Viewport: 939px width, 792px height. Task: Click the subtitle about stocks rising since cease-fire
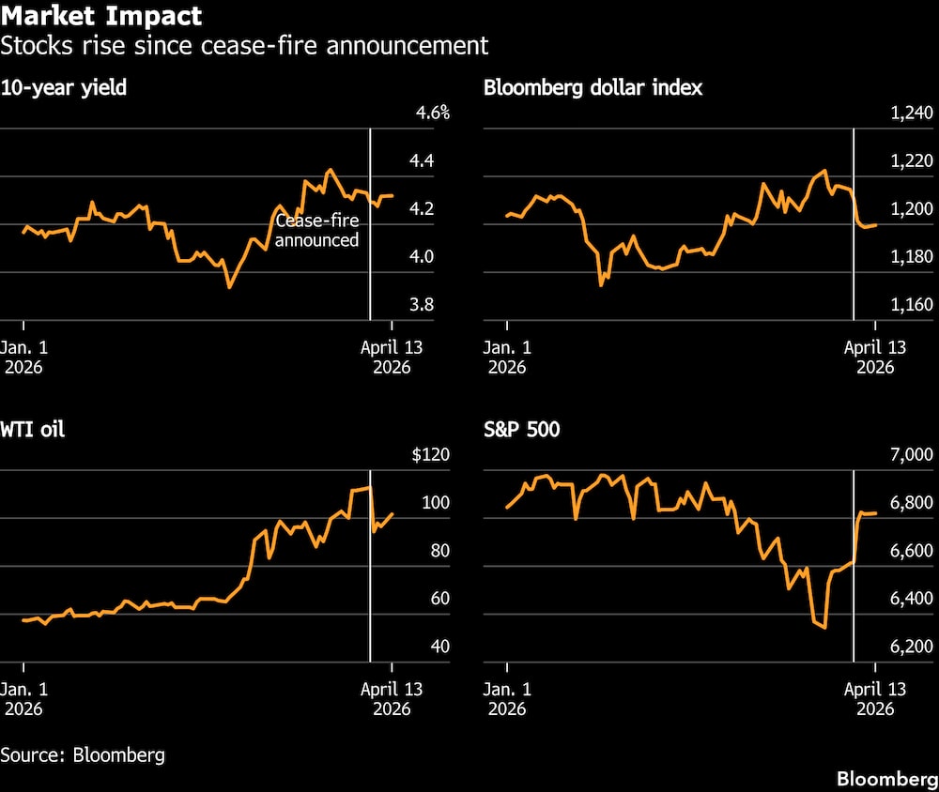coord(244,45)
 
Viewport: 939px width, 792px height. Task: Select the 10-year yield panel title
coord(65,89)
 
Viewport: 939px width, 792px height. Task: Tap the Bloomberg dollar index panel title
coord(593,89)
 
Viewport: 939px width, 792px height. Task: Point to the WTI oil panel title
coord(33,431)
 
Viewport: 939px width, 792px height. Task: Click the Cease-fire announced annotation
coord(316,231)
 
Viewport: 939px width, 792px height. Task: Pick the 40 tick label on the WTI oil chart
coord(413,647)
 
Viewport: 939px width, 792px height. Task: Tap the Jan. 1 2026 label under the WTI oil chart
coord(26,699)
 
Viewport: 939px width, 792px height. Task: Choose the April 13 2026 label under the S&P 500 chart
coord(875,699)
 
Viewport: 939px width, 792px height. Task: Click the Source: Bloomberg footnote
coord(83,754)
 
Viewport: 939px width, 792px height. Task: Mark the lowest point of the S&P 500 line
coord(824,627)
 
